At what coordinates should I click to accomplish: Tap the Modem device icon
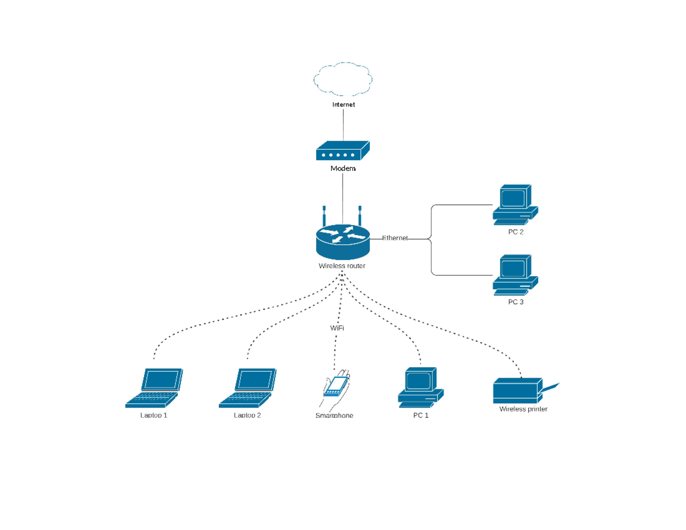(x=342, y=152)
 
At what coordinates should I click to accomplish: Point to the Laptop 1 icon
(x=154, y=388)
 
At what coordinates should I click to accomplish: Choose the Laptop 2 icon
(x=248, y=388)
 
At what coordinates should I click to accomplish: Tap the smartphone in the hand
(x=336, y=386)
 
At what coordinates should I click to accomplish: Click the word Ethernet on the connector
(x=395, y=238)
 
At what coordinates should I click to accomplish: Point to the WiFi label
(x=337, y=328)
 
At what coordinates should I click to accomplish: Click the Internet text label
(x=344, y=105)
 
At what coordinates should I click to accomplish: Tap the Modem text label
(x=343, y=169)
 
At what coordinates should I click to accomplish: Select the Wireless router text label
(x=342, y=266)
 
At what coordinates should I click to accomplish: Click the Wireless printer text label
(x=523, y=409)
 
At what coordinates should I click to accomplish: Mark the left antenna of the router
(x=324, y=216)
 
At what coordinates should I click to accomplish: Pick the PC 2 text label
(x=516, y=232)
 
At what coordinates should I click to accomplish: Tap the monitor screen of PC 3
(x=513, y=268)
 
